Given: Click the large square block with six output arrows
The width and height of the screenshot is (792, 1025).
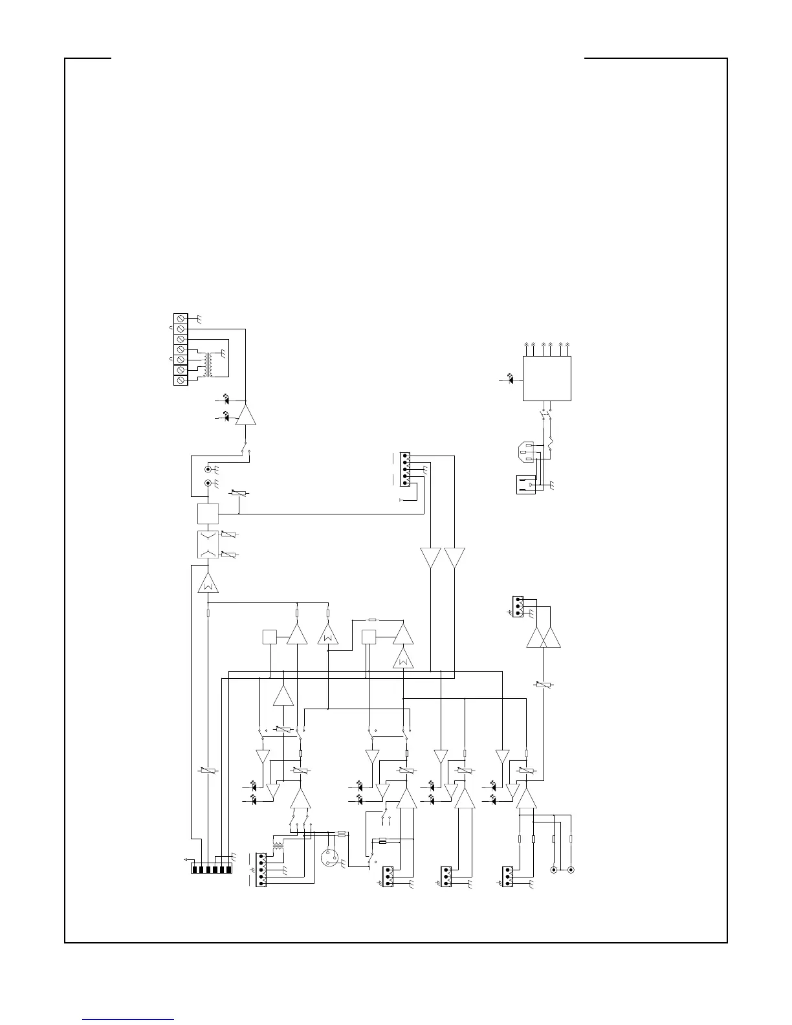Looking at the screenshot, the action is [547, 379].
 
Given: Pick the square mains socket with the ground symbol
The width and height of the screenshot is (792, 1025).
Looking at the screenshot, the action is [526, 484].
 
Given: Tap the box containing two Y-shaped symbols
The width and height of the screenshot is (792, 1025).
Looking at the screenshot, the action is [208, 544].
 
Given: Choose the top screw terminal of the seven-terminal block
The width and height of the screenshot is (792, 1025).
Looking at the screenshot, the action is [181, 318].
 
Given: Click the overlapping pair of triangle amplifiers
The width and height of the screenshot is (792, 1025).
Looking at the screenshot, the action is [544, 637].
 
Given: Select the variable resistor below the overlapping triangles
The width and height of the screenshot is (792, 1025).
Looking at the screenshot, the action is [544, 685].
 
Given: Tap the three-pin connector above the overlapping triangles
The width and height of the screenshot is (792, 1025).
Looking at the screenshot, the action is [518, 606].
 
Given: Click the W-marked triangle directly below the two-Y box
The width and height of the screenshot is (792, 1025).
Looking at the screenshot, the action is [208, 584].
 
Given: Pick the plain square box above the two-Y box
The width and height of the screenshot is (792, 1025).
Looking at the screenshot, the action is [208, 514].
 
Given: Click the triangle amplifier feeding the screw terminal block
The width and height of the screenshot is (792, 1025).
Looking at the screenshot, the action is [246, 415].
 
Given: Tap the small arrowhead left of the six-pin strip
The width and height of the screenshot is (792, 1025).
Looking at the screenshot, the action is [186, 859].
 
